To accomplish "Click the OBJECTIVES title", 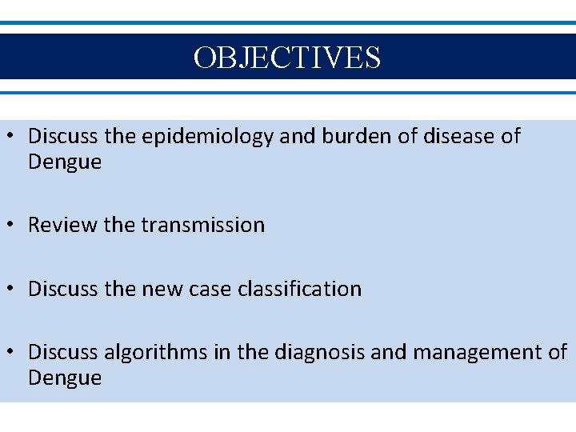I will point(287,57).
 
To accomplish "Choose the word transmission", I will point(202,226).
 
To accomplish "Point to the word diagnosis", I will point(318,352).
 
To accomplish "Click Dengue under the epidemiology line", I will point(65,162).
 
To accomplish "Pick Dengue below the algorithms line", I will point(65,378).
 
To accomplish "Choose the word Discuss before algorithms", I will point(64,352).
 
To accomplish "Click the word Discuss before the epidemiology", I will point(64,137).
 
